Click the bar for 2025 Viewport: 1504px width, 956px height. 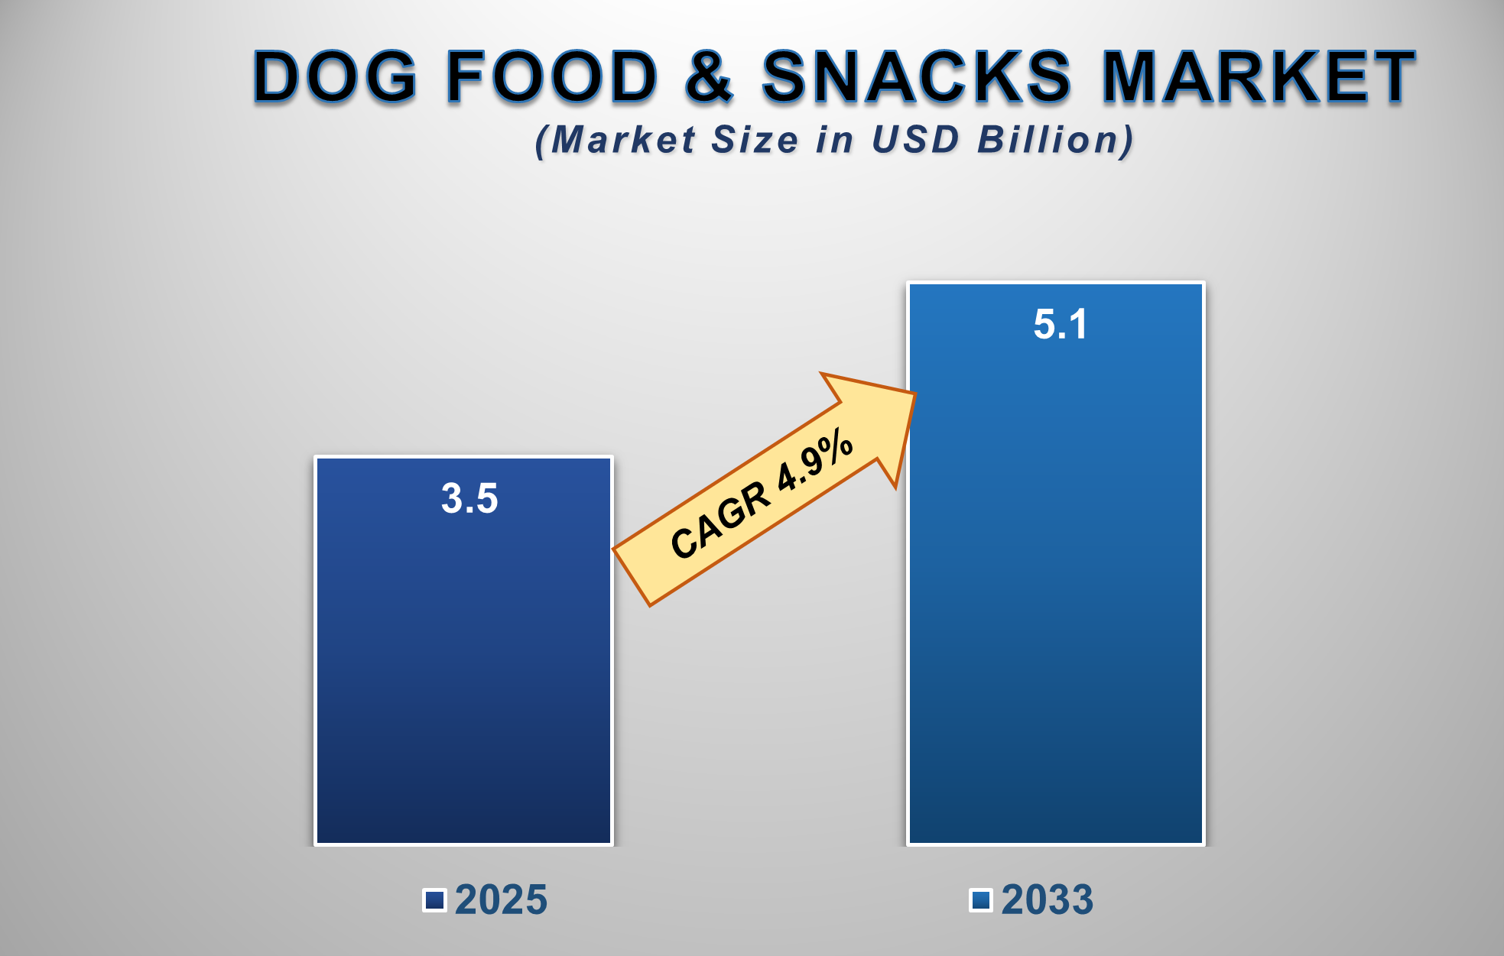(x=463, y=672)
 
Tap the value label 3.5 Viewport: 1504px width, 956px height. (x=469, y=498)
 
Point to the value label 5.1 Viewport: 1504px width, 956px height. (x=1060, y=324)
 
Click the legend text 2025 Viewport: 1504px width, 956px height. (x=501, y=899)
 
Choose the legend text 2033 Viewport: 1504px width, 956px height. (x=1047, y=899)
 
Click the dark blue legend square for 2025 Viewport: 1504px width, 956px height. (x=434, y=900)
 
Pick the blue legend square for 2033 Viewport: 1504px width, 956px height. (x=980, y=900)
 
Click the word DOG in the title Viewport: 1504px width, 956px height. (x=335, y=76)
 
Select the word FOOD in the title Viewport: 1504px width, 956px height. (x=551, y=76)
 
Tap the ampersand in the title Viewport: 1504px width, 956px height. (x=708, y=76)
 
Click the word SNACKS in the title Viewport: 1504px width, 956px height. (x=917, y=76)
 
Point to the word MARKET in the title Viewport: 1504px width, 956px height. (x=1259, y=76)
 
